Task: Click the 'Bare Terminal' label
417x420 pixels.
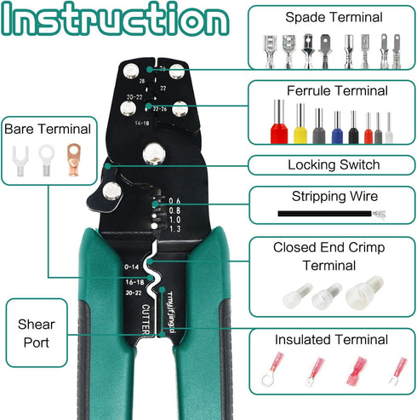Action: pos(47,129)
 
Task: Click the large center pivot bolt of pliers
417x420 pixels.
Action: pos(153,154)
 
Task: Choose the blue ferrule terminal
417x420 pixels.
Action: pos(337,128)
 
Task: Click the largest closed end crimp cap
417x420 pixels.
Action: pos(363,294)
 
